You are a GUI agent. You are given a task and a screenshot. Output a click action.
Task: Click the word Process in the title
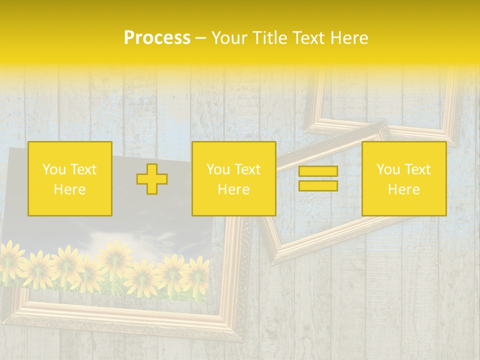(157, 38)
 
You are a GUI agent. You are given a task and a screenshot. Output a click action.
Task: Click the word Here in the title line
(350, 38)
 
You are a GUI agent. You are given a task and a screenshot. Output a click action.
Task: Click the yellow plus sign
(152, 179)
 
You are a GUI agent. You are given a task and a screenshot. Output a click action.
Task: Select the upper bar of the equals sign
(318, 171)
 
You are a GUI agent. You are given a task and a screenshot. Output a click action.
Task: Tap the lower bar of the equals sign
(318, 185)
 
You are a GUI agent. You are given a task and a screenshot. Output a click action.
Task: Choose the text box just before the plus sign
(70, 179)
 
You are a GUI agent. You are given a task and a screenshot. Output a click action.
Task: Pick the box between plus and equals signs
(233, 179)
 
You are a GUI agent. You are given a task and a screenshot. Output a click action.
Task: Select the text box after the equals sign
(404, 179)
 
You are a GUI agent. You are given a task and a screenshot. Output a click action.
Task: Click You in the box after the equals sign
(388, 169)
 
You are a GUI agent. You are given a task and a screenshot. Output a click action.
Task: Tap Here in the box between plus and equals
(233, 189)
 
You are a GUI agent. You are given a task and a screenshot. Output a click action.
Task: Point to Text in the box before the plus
(83, 169)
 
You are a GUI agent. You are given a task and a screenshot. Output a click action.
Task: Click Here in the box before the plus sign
(70, 189)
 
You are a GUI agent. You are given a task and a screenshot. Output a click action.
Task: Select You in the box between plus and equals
(218, 169)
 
